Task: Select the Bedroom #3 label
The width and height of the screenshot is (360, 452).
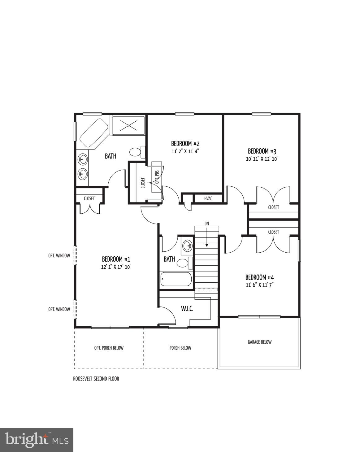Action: pyautogui.click(x=262, y=151)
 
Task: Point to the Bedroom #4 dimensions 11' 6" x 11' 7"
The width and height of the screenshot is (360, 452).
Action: pyautogui.click(x=260, y=285)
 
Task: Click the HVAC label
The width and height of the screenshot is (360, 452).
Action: pyautogui.click(x=208, y=198)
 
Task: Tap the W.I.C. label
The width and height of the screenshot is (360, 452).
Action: pyautogui.click(x=187, y=308)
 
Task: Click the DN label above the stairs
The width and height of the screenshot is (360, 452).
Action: pyautogui.click(x=206, y=223)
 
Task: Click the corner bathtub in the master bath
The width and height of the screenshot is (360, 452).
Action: pyautogui.click(x=93, y=133)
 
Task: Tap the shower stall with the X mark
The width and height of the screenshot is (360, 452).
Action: pyautogui.click(x=128, y=126)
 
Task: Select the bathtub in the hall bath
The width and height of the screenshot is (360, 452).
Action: pyautogui.click(x=176, y=279)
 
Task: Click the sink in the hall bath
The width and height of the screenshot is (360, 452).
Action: pyautogui.click(x=187, y=246)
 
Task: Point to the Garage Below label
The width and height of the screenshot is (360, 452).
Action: pyautogui.click(x=259, y=342)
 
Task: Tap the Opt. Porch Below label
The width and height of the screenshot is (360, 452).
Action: pyautogui.click(x=109, y=348)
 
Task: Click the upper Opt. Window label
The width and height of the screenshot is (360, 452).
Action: pyautogui.click(x=59, y=256)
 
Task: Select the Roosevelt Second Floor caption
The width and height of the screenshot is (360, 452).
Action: pyautogui.click(x=96, y=379)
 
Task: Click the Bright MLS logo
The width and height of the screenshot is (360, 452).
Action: pyautogui.click(x=37, y=440)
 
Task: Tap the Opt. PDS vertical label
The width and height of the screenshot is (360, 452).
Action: pyautogui.click(x=157, y=177)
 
